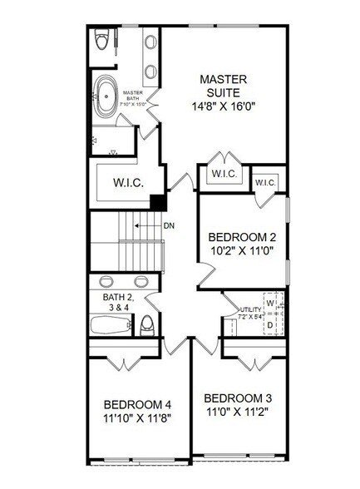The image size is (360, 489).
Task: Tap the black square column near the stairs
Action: [x=155, y=202]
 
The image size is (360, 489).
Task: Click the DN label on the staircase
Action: [x=168, y=225]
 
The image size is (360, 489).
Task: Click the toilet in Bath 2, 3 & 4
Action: [x=146, y=324]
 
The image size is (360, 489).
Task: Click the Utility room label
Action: [x=250, y=309]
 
